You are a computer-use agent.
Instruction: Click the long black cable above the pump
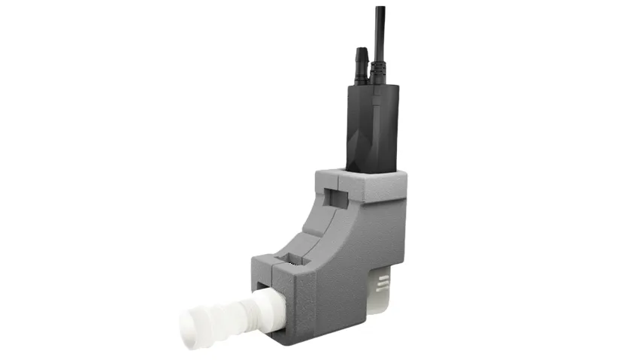click(380, 30)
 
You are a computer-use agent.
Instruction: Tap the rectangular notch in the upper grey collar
click(336, 198)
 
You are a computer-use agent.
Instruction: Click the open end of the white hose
click(192, 331)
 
